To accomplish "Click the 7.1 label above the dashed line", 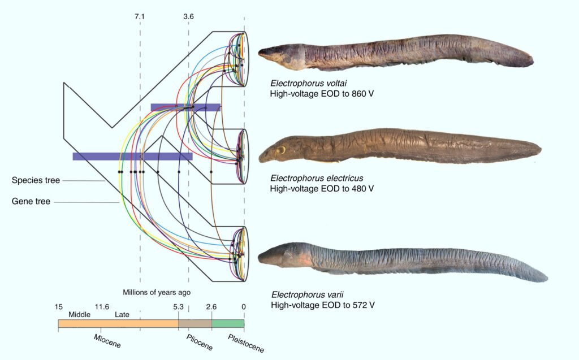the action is tap(140, 16).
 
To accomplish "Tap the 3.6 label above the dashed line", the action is tap(188, 16).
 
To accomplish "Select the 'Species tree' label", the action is tap(36, 180).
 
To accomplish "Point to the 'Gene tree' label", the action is tap(31, 202).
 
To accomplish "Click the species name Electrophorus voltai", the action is tap(309, 84).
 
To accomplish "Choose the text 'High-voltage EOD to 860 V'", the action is tap(322, 94).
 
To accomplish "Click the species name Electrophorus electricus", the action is tap(317, 179).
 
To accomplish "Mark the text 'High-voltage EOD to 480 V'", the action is tap(322, 189).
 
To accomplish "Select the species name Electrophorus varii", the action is tap(307, 295).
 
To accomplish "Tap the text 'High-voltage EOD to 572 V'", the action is tap(323, 305).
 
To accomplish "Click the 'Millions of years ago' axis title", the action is tap(157, 292).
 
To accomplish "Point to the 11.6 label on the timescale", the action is tap(102, 307).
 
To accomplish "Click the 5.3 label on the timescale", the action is tap(178, 307).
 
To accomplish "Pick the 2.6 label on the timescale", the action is tap(211, 307).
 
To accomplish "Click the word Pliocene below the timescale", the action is tap(200, 342).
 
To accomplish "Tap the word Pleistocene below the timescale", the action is tap(246, 344).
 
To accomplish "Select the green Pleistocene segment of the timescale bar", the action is tap(228, 323).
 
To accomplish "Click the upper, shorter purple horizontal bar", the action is tap(185, 107).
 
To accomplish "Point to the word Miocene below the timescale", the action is tap(107, 341).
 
